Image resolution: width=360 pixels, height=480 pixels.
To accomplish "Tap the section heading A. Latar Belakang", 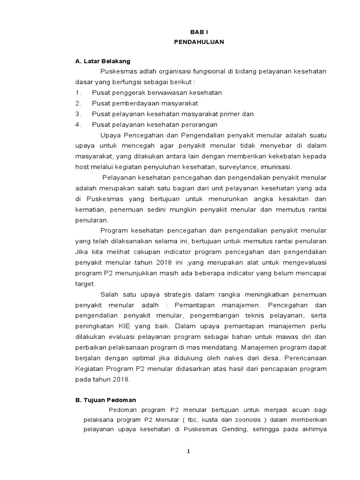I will (103, 61).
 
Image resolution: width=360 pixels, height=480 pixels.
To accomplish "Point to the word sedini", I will (174, 209).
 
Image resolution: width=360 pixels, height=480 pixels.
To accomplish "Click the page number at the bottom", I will (188, 451).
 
